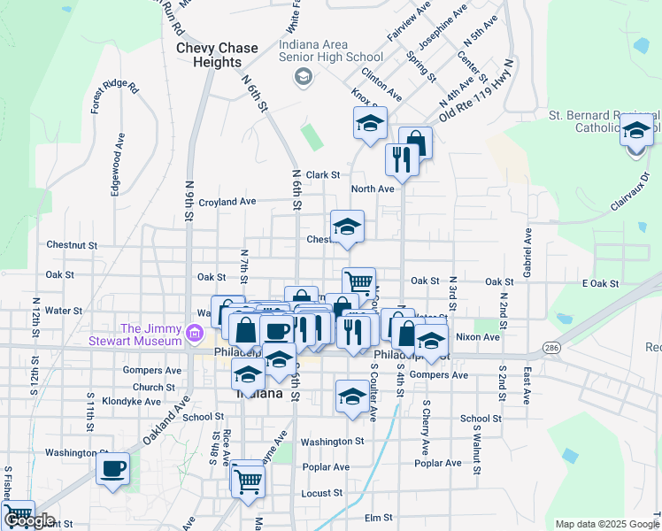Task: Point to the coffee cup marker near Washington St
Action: pyautogui.click(x=113, y=469)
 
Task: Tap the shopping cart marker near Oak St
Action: pyautogui.click(x=358, y=283)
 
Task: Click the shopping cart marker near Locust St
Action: pyautogui.click(x=249, y=481)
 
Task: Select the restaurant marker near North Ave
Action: pyautogui.click(x=402, y=160)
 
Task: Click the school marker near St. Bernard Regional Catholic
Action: pyautogui.click(x=636, y=132)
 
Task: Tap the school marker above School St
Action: pyautogui.click(x=352, y=396)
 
